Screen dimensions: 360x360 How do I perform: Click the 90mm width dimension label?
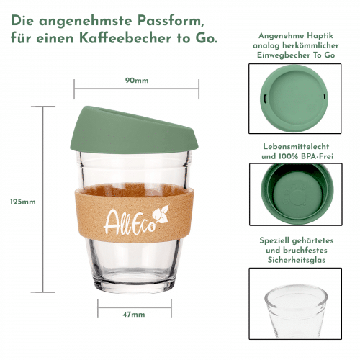[x=137, y=81]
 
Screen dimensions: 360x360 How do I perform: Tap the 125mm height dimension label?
[x=23, y=202]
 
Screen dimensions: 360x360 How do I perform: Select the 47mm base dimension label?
[x=134, y=315]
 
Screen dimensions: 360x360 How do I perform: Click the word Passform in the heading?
[x=169, y=21]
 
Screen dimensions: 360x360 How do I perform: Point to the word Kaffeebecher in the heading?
[x=125, y=38]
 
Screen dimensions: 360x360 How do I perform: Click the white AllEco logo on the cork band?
[x=137, y=220]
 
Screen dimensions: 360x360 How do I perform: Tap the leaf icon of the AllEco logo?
[x=161, y=214]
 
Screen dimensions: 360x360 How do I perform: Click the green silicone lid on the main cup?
[x=134, y=131]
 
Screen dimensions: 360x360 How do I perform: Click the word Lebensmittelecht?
[x=296, y=146]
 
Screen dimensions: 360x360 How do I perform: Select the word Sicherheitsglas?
[x=297, y=260]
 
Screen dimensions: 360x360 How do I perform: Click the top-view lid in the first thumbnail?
[x=294, y=99]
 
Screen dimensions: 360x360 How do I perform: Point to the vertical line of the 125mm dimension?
[x=43, y=199]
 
